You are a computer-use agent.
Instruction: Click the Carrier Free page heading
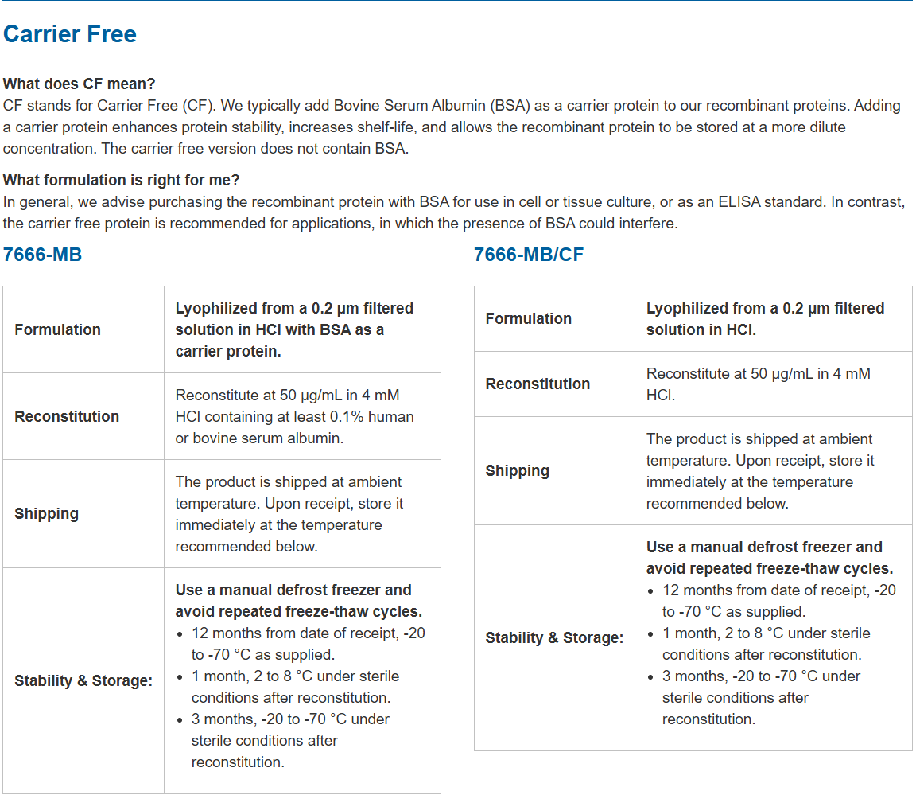(70, 34)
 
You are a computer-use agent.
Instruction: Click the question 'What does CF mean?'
(80, 84)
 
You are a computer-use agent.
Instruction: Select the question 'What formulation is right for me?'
(122, 180)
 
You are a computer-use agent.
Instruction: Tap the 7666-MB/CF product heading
(529, 255)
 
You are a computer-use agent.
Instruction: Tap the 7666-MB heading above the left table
(42, 255)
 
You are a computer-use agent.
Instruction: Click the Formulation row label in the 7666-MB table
(57, 329)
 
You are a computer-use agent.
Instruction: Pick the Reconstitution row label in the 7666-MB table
(67, 416)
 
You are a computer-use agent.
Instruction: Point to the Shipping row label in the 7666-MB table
(46, 513)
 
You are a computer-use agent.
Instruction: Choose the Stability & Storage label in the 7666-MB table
(83, 680)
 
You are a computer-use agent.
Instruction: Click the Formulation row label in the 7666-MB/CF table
(529, 318)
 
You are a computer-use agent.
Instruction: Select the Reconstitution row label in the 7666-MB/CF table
(538, 384)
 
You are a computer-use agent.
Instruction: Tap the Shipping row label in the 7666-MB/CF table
(518, 470)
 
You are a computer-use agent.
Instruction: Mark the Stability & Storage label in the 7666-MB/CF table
(554, 637)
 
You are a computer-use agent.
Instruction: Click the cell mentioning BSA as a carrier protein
(294, 329)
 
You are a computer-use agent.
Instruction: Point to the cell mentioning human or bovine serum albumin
(294, 416)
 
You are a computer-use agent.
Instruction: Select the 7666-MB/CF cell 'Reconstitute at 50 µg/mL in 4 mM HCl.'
(758, 384)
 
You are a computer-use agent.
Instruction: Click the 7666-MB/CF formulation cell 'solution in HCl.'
(701, 329)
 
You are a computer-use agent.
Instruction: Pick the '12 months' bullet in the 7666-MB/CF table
(778, 601)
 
